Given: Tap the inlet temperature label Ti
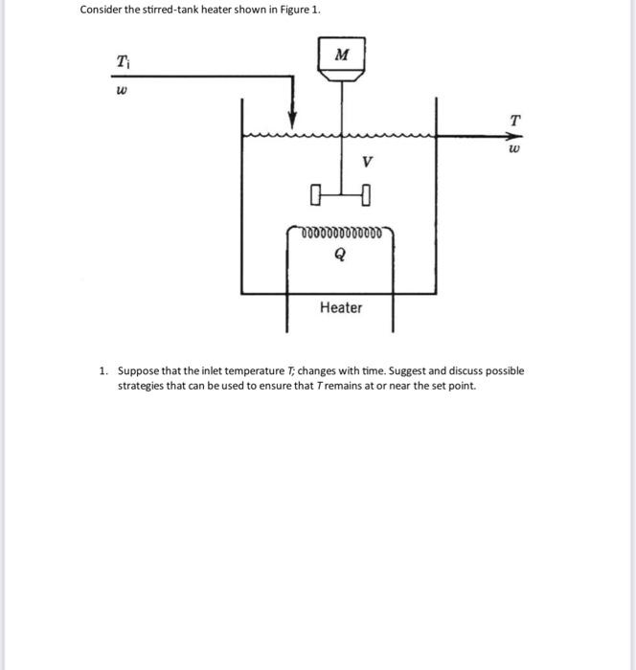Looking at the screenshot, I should [x=123, y=62].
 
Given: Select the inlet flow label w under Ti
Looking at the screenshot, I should [x=122, y=94].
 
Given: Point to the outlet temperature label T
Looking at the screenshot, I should [x=515, y=121].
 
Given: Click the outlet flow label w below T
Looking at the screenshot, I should [x=515, y=150].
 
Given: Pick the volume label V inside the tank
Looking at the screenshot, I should [x=367, y=163].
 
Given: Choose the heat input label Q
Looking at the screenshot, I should [x=341, y=256].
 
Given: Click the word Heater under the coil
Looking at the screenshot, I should [x=341, y=307].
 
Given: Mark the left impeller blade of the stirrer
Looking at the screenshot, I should [x=316, y=198].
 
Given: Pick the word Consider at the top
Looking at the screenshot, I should [x=101, y=10].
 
